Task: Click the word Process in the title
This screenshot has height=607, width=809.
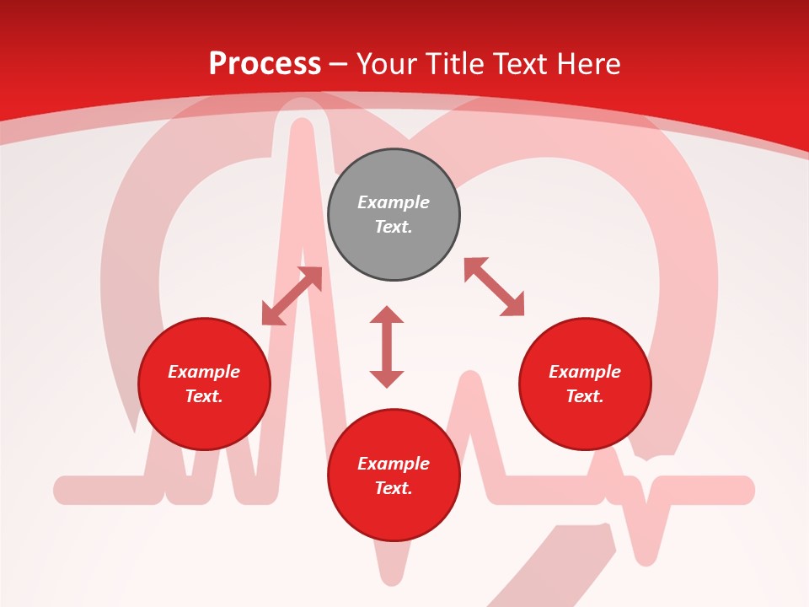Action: pyautogui.click(x=265, y=64)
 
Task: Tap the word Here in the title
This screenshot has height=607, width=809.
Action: pyautogui.click(x=587, y=64)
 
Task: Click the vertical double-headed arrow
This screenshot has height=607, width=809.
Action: pyautogui.click(x=387, y=347)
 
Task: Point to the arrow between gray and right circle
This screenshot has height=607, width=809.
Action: pyautogui.click(x=494, y=287)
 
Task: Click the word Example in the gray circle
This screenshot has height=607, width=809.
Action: pyautogui.click(x=394, y=202)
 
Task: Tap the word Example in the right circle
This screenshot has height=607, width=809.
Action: pyautogui.click(x=585, y=372)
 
